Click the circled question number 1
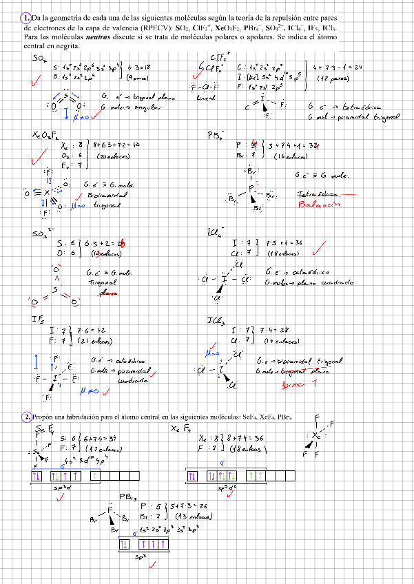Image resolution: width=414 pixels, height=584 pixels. pos(25,17)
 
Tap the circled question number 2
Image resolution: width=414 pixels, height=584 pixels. pos(25,417)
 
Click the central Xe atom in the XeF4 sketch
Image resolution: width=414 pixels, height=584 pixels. pos(315,435)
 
